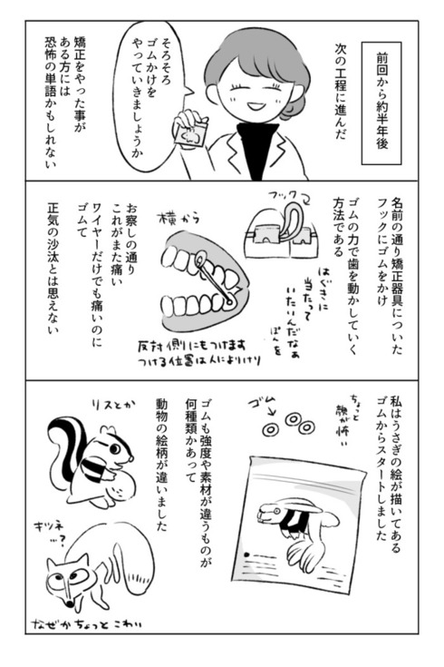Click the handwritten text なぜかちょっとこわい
104,623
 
